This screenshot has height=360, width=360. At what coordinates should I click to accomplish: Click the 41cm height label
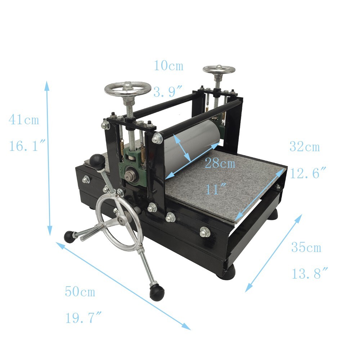point(24,119)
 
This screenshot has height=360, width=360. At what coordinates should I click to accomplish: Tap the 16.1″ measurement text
point(27,146)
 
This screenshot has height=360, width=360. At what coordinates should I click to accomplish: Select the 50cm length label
point(80,291)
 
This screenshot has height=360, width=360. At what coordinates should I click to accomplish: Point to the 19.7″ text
point(82,318)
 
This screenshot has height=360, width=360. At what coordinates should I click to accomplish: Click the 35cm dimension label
point(306,247)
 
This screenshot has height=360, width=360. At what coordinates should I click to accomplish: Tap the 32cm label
point(304,147)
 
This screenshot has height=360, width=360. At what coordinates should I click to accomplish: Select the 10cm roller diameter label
point(168,66)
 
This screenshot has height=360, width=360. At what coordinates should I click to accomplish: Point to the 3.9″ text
point(169,92)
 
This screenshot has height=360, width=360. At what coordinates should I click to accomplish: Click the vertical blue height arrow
point(48,158)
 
